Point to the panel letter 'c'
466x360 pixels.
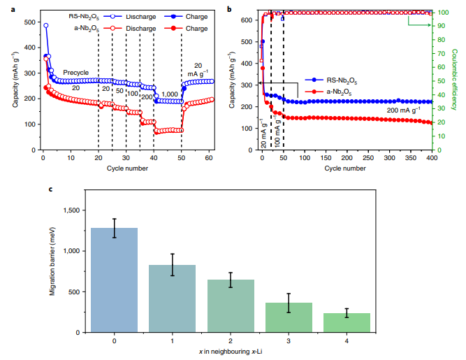pyautogui.click(x=50, y=189)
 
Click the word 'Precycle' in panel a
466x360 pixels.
pyautogui.click(x=75, y=72)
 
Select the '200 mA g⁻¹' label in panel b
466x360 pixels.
pyautogui.click(x=404, y=110)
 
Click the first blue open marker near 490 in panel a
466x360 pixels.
pyautogui.click(x=46, y=26)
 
